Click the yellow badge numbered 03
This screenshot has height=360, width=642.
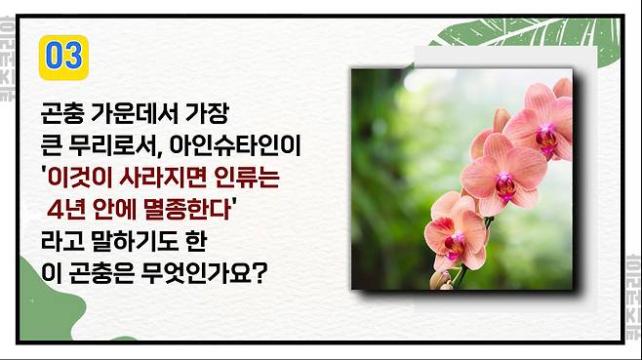click(63, 58)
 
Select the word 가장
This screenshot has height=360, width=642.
click(207, 113)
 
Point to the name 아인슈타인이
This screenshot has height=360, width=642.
click(235, 145)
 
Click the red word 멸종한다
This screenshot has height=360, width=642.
click(188, 210)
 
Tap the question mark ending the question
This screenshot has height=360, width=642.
click(260, 273)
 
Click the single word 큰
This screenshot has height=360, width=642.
click(51, 145)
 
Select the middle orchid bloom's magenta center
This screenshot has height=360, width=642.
click(505, 185)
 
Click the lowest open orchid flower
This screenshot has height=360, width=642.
click(456, 234)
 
